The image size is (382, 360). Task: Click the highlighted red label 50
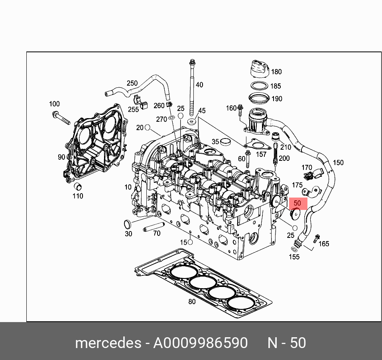pyautogui.click(x=297, y=203)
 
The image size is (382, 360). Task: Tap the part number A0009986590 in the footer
pyautogui.click(x=200, y=343)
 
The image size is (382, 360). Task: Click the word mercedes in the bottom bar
pyautogui.click(x=108, y=343)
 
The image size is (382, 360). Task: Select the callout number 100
pyautogui.click(x=54, y=104)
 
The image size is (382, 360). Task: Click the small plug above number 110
pyautogui.click(x=79, y=186)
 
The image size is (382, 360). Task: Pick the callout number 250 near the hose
pyautogui.click(x=132, y=83)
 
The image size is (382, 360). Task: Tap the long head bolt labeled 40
pyautogui.click(x=193, y=86)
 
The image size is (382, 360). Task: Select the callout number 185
pyautogui.click(x=276, y=86)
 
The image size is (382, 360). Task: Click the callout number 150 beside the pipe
pyautogui.click(x=338, y=162)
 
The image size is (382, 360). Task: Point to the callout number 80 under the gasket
pyautogui.click(x=192, y=302)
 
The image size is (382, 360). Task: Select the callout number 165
pyautogui.click(x=324, y=243)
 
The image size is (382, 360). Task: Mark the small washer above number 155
pyautogui.click(x=294, y=249)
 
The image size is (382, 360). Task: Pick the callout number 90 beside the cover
pyautogui.click(x=61, y=157)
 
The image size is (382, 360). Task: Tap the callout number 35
pyautogui.click(x=215, y=141)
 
